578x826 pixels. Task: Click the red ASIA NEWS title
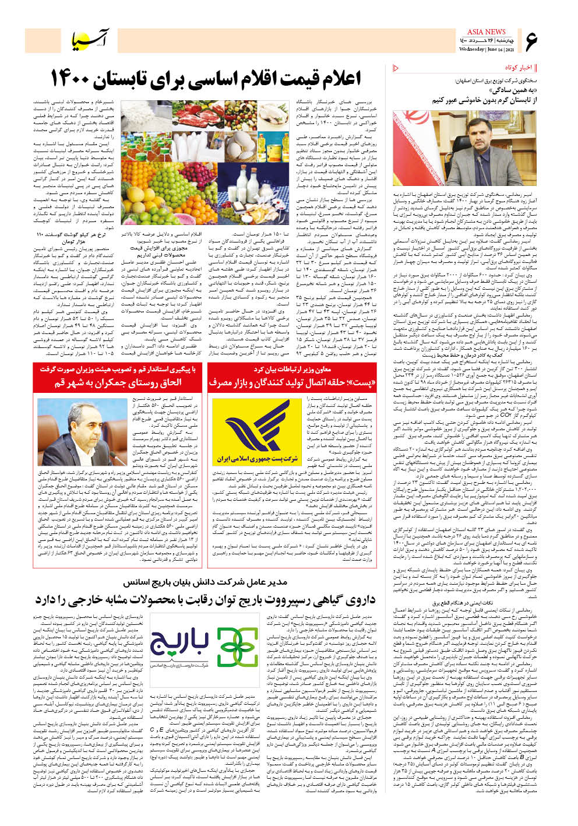[x=486, y=32]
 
